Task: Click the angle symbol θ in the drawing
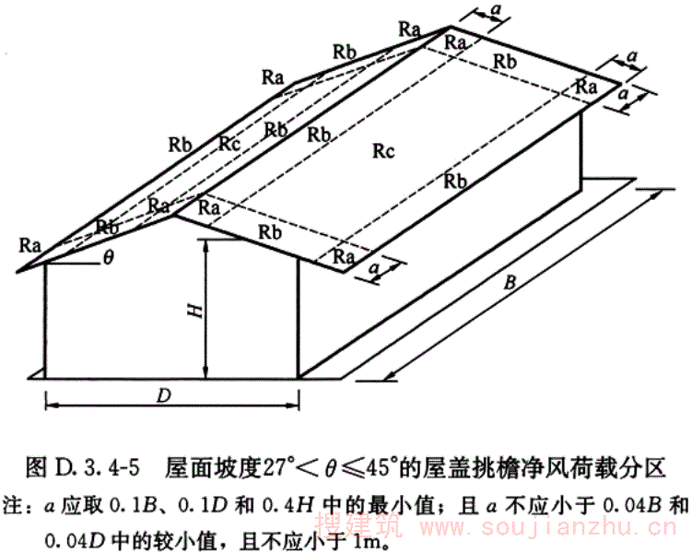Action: (109, 257)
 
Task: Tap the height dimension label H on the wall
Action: (194, 312)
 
